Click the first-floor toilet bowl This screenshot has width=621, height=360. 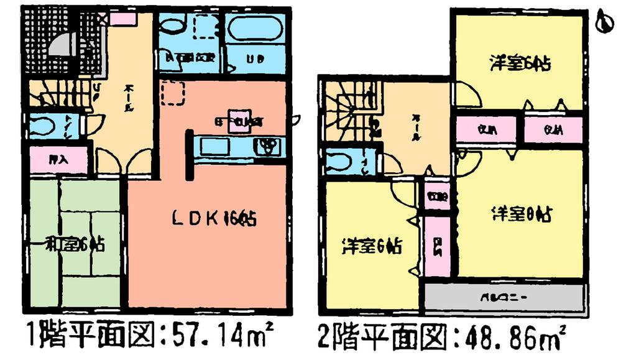coord(42,126)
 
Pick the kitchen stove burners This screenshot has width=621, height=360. coord(269,147)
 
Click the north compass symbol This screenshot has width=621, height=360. coord(602,24)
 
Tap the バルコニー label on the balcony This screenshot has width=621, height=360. coord(504,297)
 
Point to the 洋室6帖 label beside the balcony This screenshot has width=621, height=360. coord(371,247)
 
